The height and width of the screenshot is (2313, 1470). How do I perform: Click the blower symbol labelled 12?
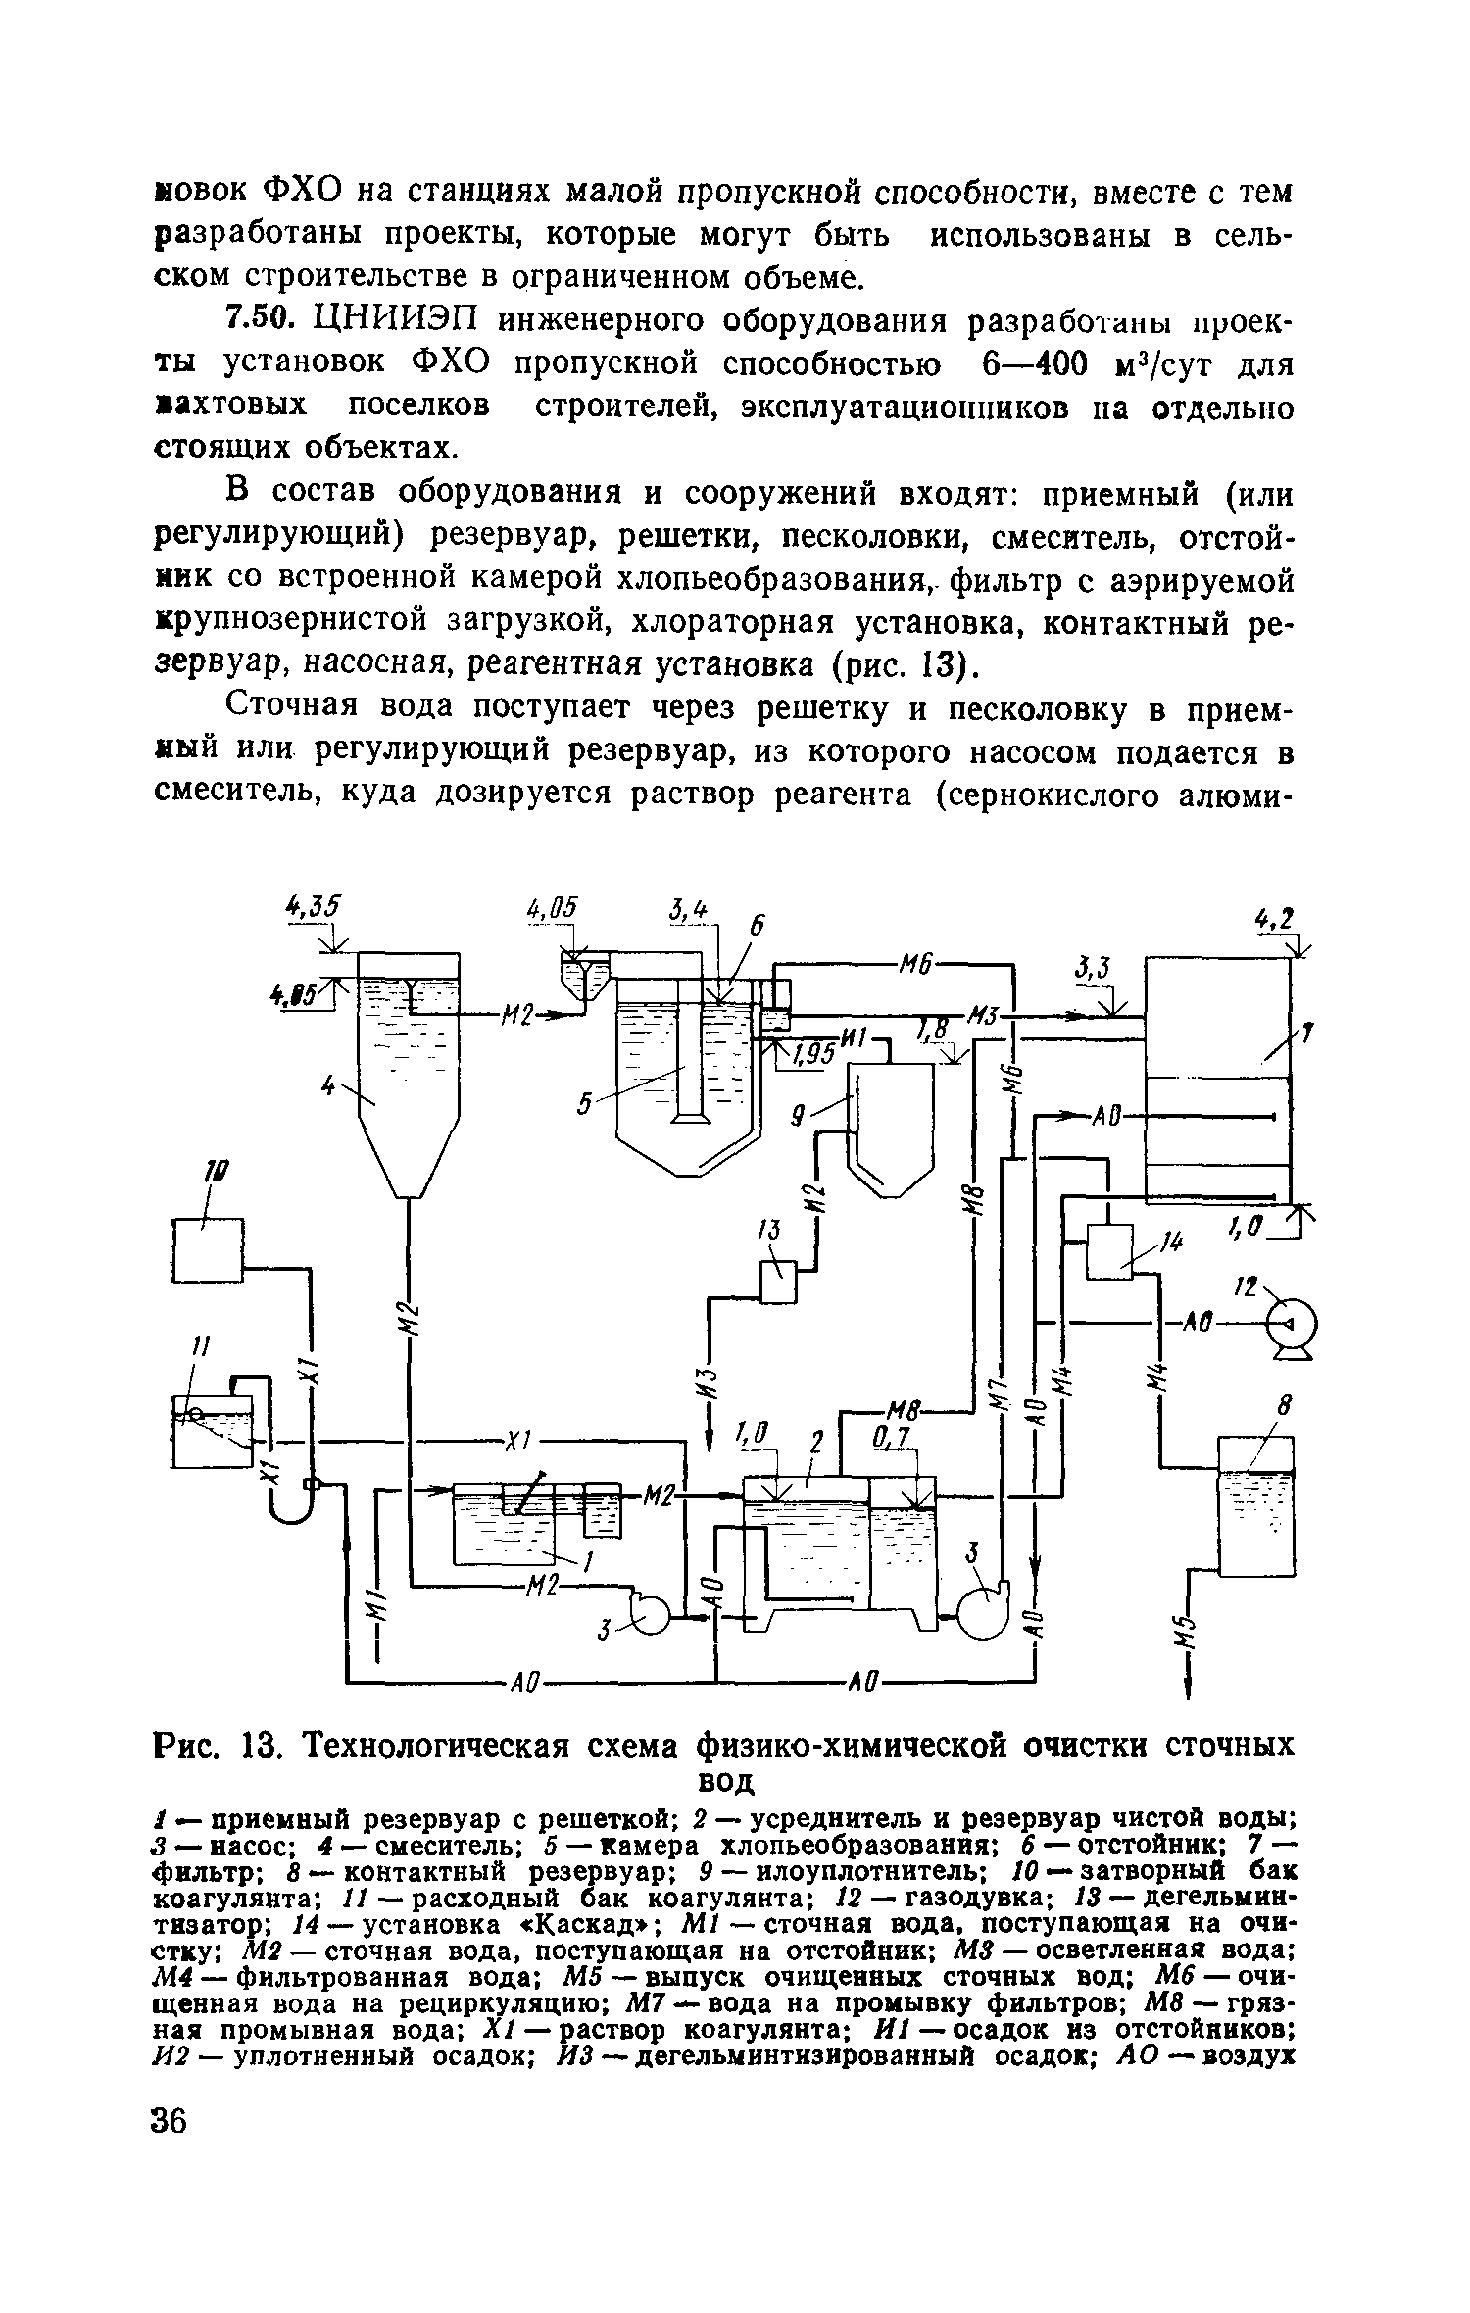coord(1291,1328)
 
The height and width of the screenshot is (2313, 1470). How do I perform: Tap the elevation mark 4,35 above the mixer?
coord(312,906)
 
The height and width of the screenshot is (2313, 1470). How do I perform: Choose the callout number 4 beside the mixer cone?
coord(331,1084)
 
